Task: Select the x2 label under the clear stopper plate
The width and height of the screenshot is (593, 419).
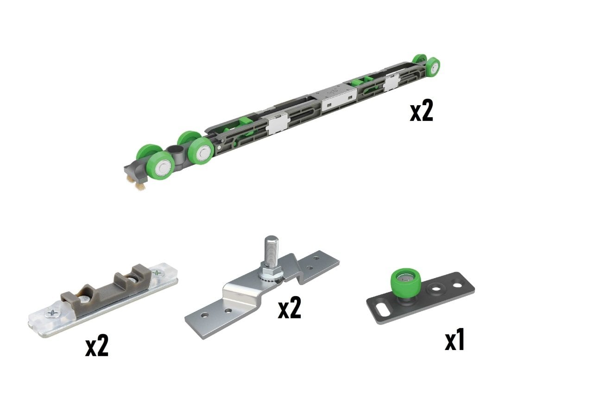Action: click(x=97, y=346)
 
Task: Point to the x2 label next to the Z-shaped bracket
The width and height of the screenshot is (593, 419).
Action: click(x=290, y=308)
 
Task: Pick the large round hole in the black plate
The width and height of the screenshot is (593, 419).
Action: click(x=436, y=291)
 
